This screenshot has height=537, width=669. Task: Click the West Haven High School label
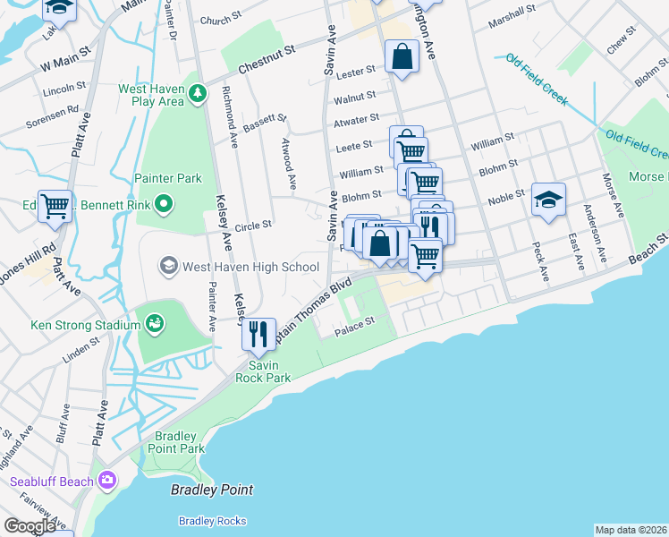[250, 267]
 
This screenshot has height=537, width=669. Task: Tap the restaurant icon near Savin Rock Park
[258, 335]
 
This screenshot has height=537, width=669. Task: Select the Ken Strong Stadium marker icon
[154, 321]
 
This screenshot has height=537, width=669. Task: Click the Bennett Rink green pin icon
[163, 206]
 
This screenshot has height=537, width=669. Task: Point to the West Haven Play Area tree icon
[196, 92]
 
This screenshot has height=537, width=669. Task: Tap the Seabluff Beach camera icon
[108, 482]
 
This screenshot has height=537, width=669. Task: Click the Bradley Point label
[212, 490]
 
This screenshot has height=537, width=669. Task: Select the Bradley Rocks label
[212, 521]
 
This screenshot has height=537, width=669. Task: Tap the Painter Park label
[168, 178]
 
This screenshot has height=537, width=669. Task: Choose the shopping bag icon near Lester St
[402, 57]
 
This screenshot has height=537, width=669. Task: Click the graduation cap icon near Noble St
[548, 200]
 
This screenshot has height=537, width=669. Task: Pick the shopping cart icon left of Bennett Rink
[55, 206]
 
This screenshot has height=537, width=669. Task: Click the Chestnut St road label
[266, 58]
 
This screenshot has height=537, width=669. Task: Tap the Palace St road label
[353, 331]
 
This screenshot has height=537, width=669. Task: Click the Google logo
[30, 526]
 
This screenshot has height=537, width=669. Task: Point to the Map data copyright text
[631, 530]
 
